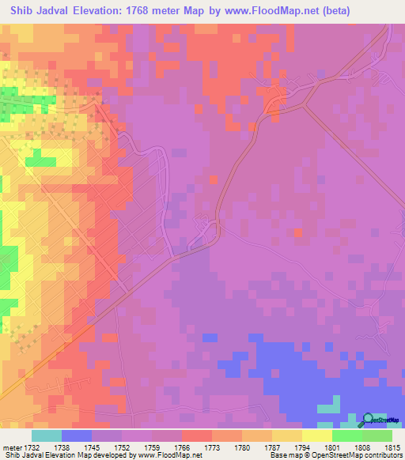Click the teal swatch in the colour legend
[47, 435]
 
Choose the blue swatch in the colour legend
[77, 435]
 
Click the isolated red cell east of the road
[297, 232]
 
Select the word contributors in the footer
[385, 456]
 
